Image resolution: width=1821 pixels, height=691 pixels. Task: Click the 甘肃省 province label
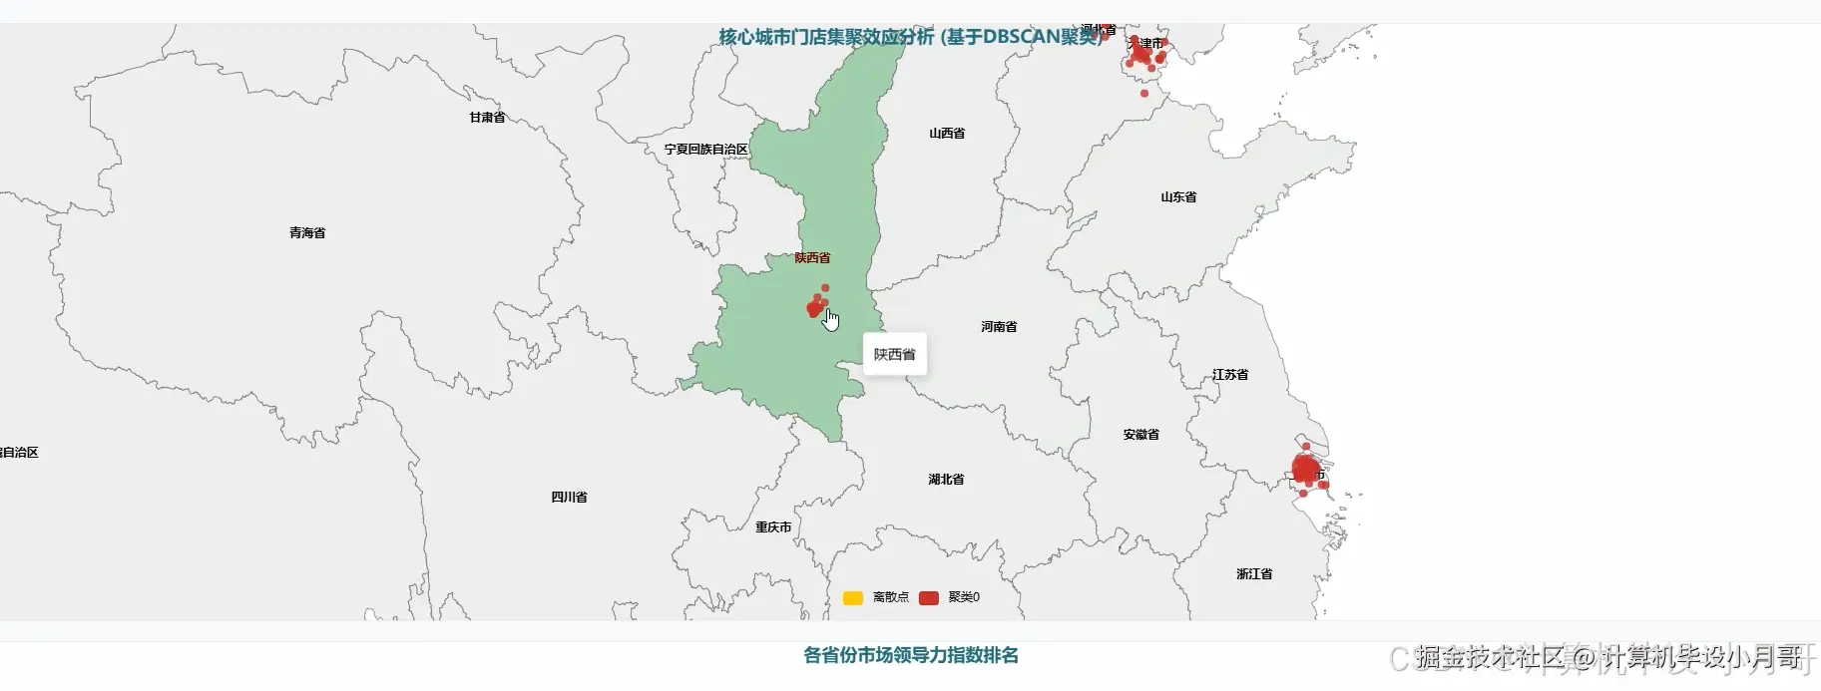click(x=487, y=118)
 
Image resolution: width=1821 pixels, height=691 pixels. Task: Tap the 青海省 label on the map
click(x=307, y=233)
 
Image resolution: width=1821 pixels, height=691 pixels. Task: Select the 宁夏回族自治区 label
click(x=705, y=150)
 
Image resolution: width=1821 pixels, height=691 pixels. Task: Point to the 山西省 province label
click(x=946, y=134)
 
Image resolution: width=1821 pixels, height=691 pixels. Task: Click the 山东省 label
click(x=1177, y=197)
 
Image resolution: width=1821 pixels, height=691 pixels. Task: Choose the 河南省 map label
click(x=998, y=327)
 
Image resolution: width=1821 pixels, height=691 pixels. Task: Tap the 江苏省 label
click(x=1229, y=375)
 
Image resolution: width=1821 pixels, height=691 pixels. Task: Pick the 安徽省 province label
click(x=1140, y=435)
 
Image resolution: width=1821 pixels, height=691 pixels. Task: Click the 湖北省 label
click(x=945, y=480)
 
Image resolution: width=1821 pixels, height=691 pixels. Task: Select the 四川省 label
click(x=569, y=498)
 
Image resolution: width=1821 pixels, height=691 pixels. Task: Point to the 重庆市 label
click(x=772, y=527)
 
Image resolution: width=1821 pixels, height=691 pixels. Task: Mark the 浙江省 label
click(x=1253, y=574)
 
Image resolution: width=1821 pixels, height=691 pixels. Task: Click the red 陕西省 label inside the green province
click(x=812, y=258)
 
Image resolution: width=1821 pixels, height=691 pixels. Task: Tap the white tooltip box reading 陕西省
click(x=894, y=355)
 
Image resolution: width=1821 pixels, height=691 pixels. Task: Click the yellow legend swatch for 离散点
click(x=852, y=598)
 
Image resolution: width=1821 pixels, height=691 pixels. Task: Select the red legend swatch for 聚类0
click(x=928, y=598)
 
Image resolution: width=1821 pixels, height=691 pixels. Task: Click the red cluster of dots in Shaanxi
click(x=816, y=307)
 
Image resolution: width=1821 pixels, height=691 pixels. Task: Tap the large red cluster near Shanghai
click(x=1305, y=469)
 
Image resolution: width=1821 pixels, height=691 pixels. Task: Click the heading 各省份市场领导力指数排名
click(x=910, y=656)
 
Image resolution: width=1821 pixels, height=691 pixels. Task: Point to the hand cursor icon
click(x=830, y=319)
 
